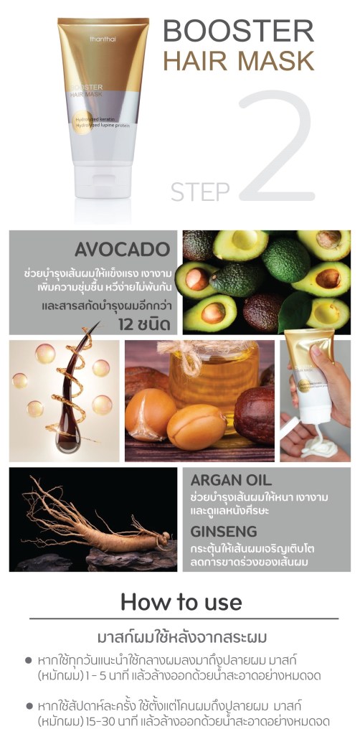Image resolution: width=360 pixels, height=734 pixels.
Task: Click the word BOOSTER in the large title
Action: [x=238, y=32]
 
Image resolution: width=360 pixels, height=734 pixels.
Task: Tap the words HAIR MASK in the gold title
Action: [x=238, y=61]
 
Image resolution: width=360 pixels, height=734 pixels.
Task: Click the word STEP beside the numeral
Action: [x=200, y=191]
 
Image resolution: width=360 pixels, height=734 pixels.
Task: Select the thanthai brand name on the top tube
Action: [x=103, y=39]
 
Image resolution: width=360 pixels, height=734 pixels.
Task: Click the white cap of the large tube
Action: [x=103, y=181]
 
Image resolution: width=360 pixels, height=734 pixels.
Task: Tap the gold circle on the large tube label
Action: [x=82, y=123]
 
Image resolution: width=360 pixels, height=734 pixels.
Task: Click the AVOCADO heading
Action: [x=122, y=250]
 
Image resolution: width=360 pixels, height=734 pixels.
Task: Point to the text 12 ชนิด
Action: [x=144, y=324]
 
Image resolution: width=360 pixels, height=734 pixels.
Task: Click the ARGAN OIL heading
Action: [x=231, y=480]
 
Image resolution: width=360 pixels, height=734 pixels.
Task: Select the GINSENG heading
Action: [x=224, y=532]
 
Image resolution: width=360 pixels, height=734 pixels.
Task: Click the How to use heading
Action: [x=181, y=602]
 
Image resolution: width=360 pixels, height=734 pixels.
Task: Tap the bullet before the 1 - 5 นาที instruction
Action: [x=29, y=661]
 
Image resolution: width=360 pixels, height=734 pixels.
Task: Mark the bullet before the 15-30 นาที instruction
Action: [x=29, y=705]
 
